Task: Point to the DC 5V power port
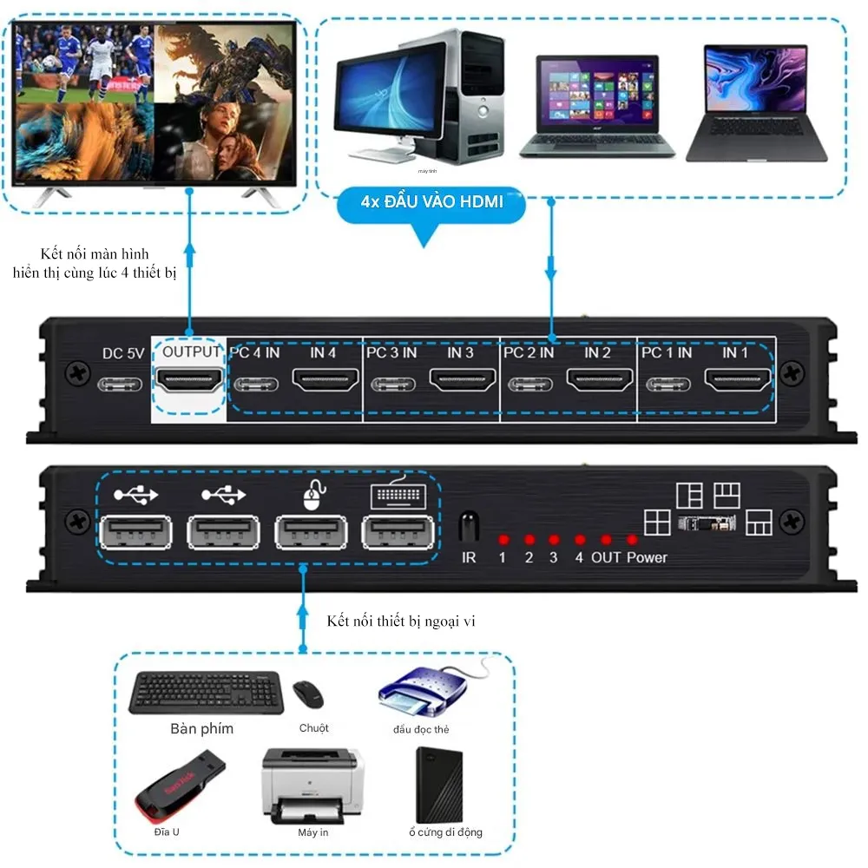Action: click(x=122, y=383)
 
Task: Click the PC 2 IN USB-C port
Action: click(x=530, y=384)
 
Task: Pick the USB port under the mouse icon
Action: click(x=311, y=532)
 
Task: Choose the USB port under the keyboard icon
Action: click(x=398, y=532)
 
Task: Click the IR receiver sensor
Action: click(x=469, y=527)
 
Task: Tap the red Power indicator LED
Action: click(x=632, y=540)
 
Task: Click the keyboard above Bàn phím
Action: click(x=205, y=693)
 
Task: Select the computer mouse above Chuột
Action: click(x=307, y=693)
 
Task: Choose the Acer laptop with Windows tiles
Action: click(x=597, y=106)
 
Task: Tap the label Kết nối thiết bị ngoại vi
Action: click(x=402, y=621)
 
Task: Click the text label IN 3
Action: click(x=460, y=353)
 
